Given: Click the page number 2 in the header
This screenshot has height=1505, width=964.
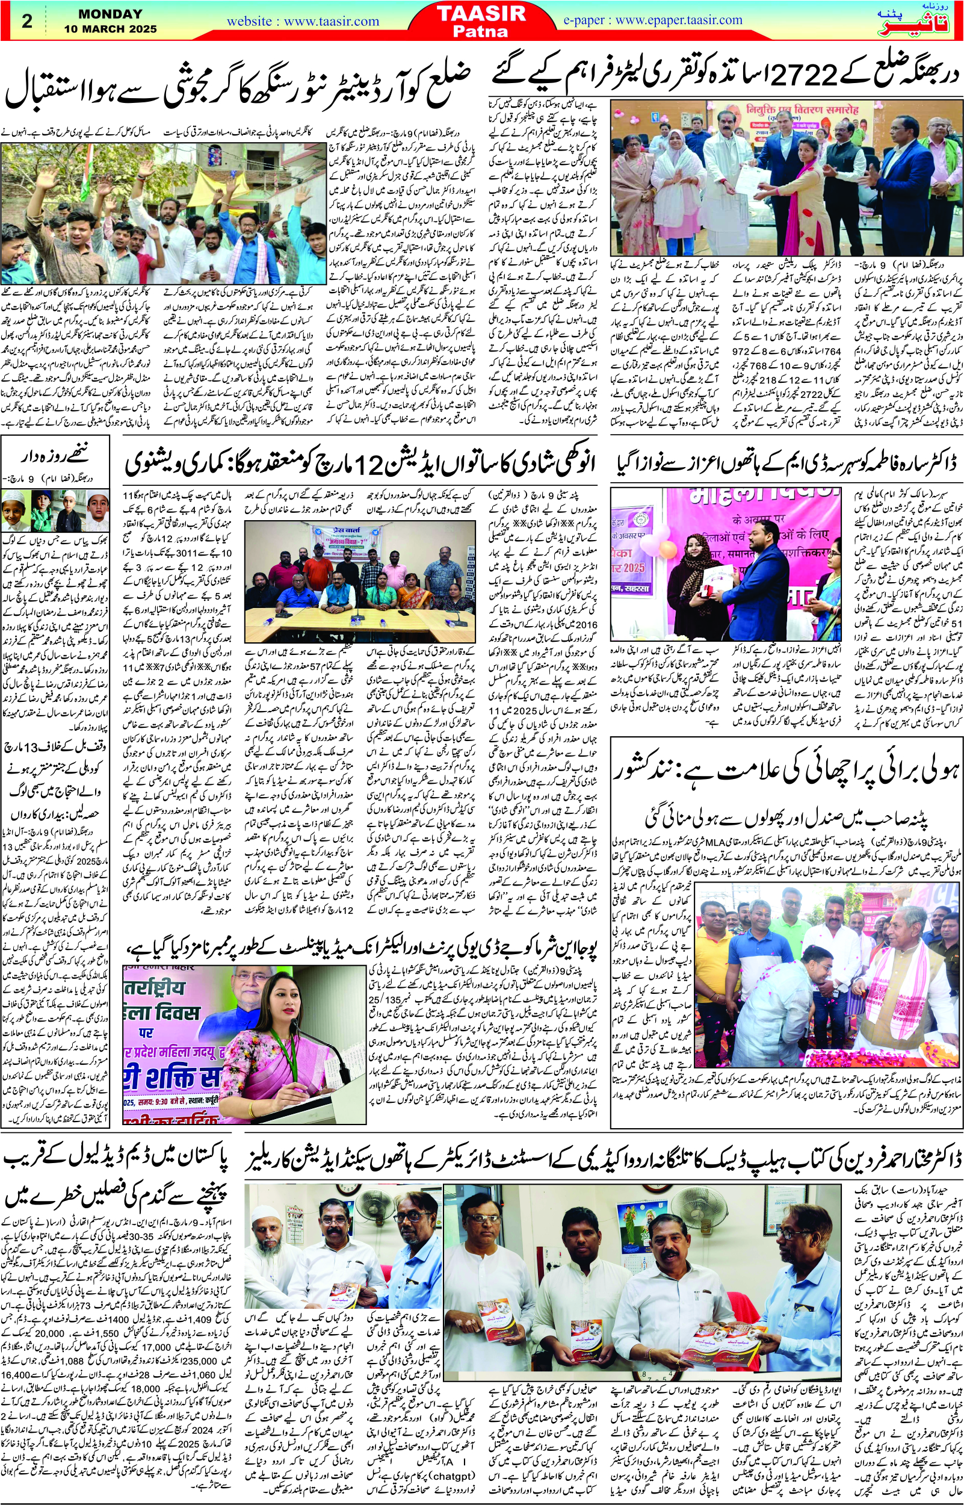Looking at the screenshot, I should pyautogui.click(x=27, y=20).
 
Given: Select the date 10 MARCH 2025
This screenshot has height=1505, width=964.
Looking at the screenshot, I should pyautogui.click(x=110, y=29).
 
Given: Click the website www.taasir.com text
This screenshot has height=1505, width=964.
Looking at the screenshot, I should pyautogui.click(x=302, y=21).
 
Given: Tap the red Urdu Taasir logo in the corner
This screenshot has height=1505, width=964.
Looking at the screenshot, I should pyautogui.click(x=928, y=20).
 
